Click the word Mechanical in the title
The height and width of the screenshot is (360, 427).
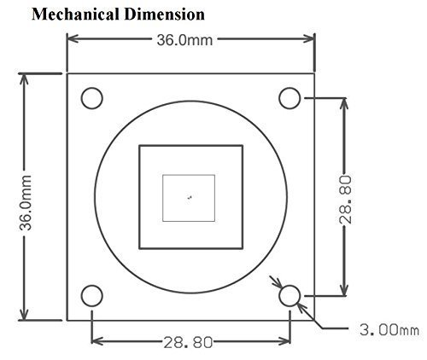click(x=75, y=15)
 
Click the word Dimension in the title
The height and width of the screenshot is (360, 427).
click(x=165, y=15)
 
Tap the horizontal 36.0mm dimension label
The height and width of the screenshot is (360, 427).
click(x=184, y=40)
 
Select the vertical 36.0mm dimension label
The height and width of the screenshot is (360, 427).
click(x=26, y=202)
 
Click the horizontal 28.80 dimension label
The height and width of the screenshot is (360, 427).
click(x=188, y=342)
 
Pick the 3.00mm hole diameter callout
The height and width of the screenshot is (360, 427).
click(x=389, y=330)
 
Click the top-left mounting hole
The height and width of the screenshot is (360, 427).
click(x=91, y=98)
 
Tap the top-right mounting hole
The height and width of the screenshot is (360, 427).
click(x=290, y=98)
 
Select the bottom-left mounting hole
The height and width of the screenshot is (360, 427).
click(x=91, y=295)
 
